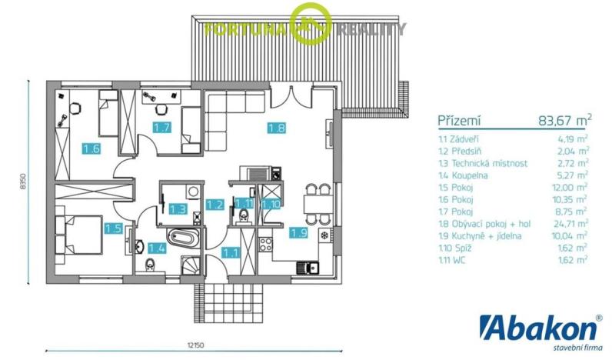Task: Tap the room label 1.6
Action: tap(91, 148)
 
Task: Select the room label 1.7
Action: tap(161, 128)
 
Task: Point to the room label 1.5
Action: tap(113, 228)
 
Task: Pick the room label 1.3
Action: tap(178, 208)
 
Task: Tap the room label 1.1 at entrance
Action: tap(230, 252)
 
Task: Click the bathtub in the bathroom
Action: tap(184, 238)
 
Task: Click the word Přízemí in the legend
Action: tap(459, 121)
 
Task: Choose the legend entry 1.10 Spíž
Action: tap(459, 248)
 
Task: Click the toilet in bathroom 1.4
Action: tap(151, 266)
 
